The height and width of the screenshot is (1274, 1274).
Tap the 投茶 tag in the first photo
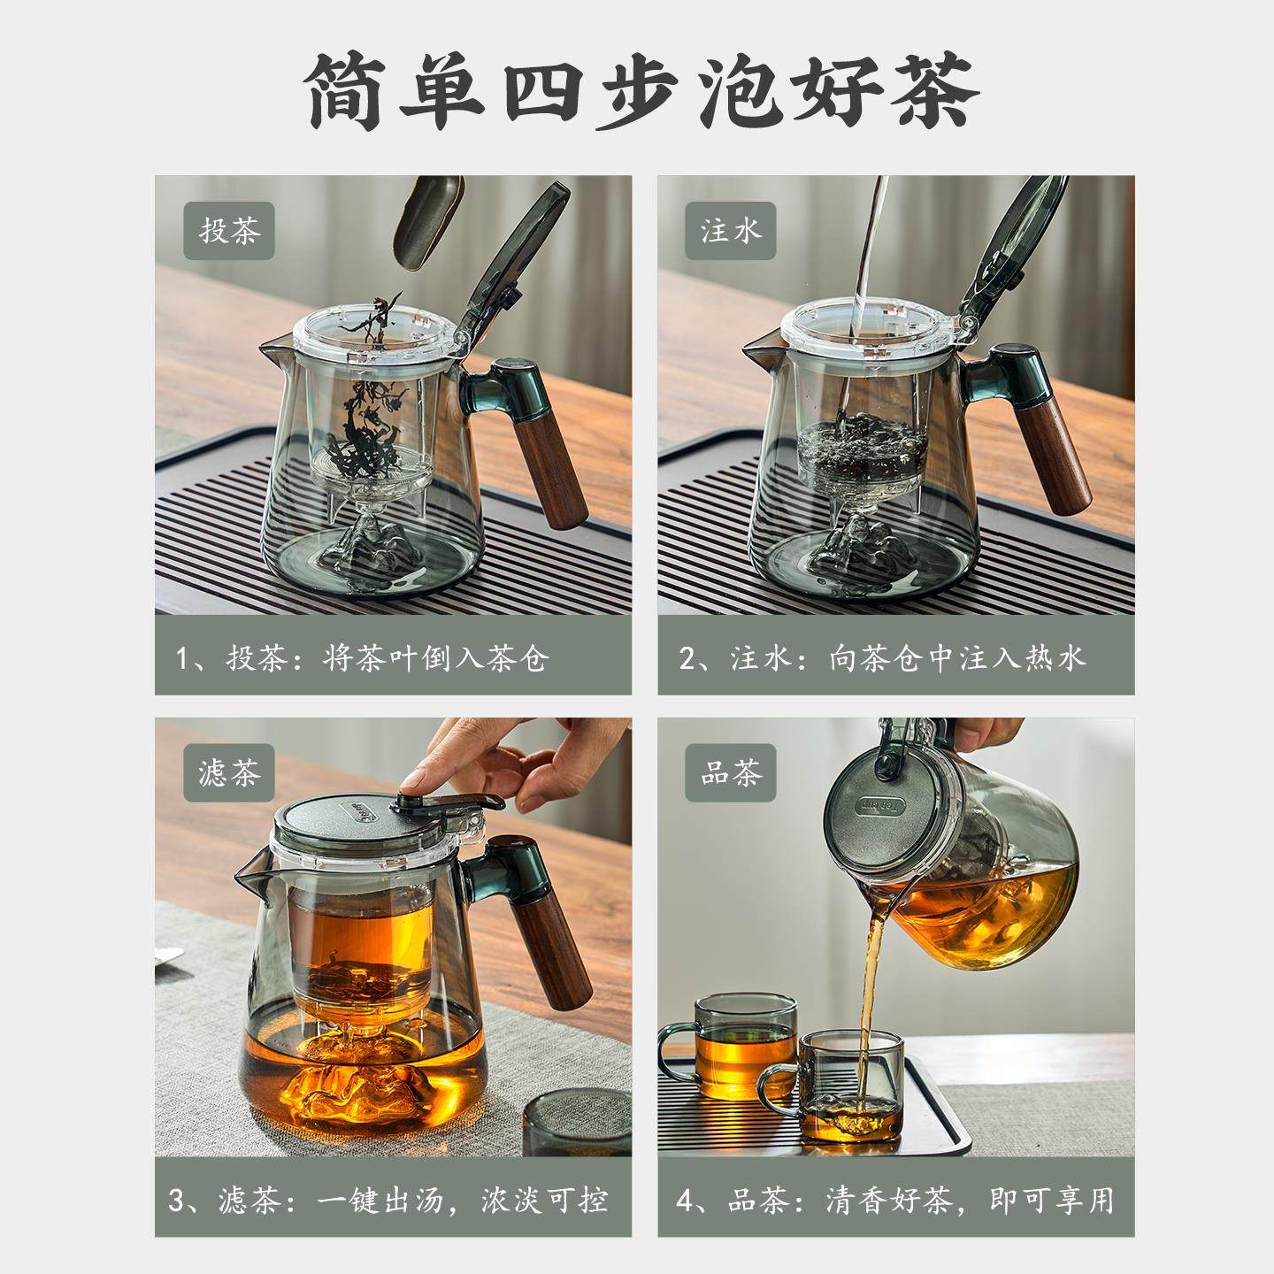tap(229, 233)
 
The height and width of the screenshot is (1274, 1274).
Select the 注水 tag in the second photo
tap(731, 233)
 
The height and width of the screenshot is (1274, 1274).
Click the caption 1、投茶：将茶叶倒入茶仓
tap(363, 659)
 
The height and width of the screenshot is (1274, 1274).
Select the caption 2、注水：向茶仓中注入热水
tap(881, 659)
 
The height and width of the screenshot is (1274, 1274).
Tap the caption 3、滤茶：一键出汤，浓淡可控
tap(389, 1201)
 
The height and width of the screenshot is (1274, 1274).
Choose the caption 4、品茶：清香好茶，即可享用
tap(894, 1201)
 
